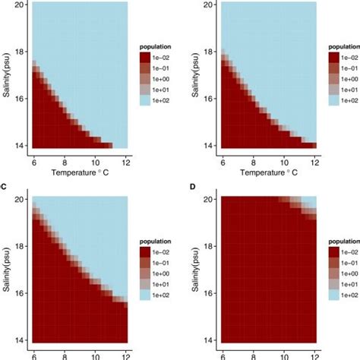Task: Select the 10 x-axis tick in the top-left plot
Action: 95,161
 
